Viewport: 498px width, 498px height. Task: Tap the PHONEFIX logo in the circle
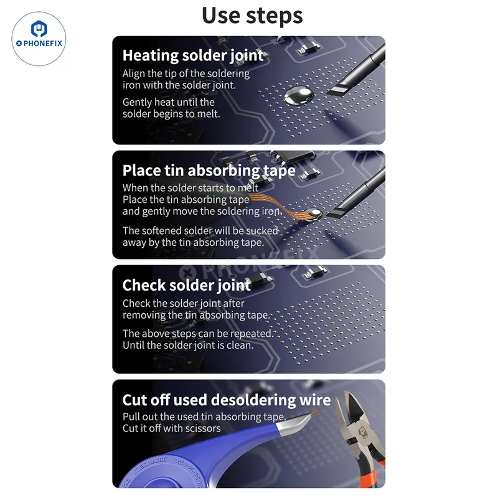[39, 39]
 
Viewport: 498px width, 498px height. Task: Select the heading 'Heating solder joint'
[193, 55]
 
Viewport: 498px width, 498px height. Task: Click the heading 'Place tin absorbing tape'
[209, 171]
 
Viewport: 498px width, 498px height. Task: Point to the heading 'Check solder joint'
[187, 285]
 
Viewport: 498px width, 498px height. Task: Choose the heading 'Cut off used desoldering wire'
[227, 400]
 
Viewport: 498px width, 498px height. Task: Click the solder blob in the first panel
[299, 95]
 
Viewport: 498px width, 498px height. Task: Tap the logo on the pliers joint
[363, 433]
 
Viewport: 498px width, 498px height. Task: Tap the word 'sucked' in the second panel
[262, 230]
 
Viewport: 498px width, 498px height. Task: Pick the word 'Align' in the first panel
[133, 74]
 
